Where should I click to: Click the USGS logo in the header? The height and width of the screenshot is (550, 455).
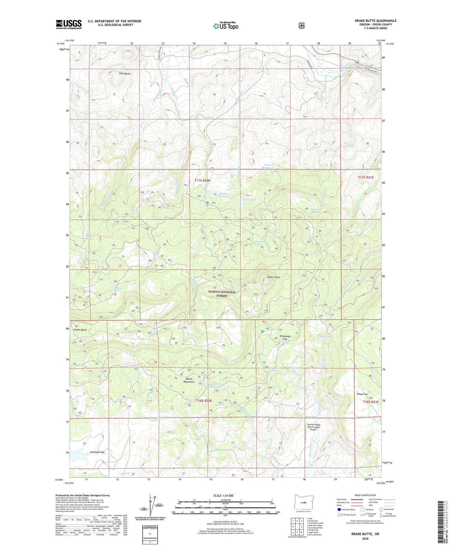point(69,24)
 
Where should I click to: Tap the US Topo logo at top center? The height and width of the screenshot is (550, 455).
point(226,26)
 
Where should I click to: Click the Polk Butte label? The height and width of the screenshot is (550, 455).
point(125,74)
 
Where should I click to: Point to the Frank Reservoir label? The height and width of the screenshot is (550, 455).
point(268,166)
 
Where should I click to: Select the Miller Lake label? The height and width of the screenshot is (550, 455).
point(249,200)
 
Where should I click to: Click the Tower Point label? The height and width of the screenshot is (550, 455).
point(273,277)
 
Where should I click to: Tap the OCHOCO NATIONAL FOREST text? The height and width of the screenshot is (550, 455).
point(222,294)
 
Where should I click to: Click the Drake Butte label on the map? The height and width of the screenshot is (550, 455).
point(80,330)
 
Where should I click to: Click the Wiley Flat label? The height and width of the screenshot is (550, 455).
point(362,394)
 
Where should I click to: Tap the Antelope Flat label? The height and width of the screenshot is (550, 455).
point(97,452)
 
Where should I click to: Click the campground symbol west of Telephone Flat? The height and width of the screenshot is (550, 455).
point(262,332)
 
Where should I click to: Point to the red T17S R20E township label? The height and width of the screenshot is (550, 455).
point(202,181)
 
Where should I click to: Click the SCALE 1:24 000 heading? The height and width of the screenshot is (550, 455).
point(225,495)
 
